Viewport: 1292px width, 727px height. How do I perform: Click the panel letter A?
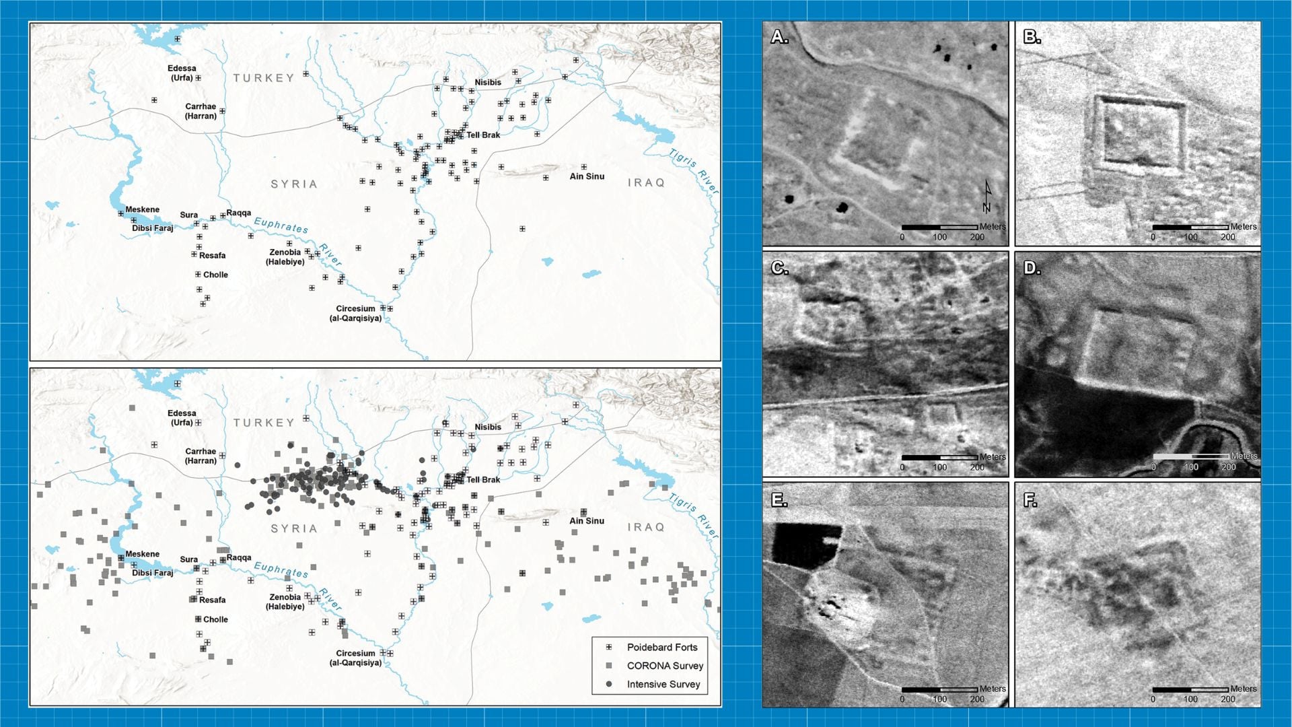(779, 37)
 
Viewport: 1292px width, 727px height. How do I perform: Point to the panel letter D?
(1032, 269)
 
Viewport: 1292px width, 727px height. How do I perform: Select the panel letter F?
(1030, 500)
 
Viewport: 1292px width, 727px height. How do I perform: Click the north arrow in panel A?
(987, 197)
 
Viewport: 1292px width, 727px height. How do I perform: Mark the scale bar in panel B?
(1190, 228)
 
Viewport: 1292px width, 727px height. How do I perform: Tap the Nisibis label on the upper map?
(488, 82)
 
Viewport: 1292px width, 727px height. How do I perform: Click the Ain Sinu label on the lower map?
(587, 521)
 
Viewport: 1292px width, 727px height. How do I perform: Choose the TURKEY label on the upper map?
(264, 78)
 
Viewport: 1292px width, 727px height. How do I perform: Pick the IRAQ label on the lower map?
(646, 527)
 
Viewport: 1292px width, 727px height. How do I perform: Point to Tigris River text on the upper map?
(694, 172)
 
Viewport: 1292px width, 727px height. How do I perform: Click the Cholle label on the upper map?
(215, 275)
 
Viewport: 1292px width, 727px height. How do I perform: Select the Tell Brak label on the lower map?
(483, 480)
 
